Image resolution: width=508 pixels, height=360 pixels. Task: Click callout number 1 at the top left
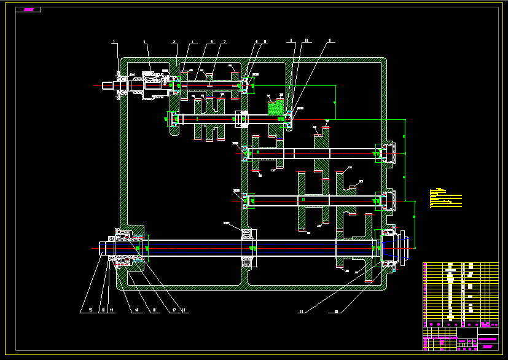click(114, 42)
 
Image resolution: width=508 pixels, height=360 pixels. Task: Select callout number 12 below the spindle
click(90, 310)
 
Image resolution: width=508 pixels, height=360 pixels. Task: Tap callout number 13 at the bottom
click(103, 310)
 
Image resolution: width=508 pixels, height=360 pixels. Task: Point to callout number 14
click(112, 310)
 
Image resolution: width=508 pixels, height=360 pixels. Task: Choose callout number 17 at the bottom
click(174, 310)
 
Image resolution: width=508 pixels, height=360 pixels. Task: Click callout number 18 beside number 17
click(183, 310)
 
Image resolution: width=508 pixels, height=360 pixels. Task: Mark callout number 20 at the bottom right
click(337, 311)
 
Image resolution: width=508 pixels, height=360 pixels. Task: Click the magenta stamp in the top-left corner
click(29, 10)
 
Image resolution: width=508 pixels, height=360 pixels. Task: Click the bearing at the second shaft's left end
click(175, 119)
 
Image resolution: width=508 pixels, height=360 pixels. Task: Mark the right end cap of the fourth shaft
click(389, 200)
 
